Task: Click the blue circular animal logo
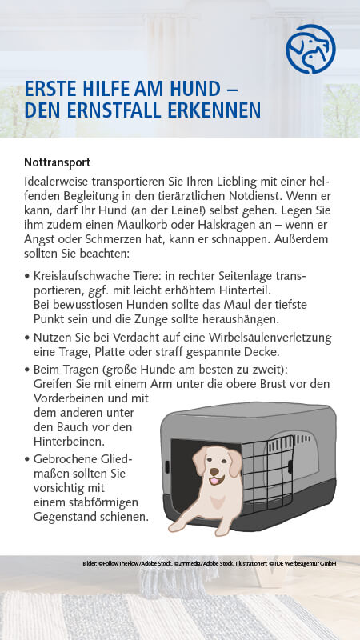311,50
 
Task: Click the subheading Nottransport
57,162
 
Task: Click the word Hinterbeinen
69,441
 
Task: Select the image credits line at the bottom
209,564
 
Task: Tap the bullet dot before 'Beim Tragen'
27,369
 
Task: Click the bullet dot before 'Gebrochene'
27,459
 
